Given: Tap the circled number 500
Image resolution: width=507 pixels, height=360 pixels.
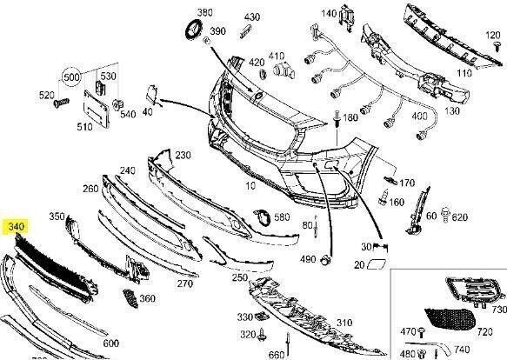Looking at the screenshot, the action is click(x=72, y=77).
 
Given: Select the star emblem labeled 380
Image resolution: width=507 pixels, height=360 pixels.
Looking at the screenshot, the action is click(x=194, y=30).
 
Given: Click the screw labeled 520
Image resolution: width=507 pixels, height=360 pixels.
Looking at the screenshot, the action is click(x=61, y=103).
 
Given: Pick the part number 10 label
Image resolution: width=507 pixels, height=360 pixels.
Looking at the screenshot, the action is click(x=250, y=185).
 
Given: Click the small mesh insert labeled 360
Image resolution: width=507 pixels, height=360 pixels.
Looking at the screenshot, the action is click(x=130, y=298).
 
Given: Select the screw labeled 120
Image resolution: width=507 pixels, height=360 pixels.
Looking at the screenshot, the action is click(x=497, y=46).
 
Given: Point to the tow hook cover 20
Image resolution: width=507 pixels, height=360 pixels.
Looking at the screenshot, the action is click(x=377, y=263).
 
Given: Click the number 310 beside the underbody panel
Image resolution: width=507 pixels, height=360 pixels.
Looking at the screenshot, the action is click(x=344, y=322).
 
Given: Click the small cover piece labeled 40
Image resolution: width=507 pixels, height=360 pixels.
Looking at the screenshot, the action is click(x=151, y=94).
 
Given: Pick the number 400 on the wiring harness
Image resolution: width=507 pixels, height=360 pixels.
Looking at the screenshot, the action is click(x=419, y=116).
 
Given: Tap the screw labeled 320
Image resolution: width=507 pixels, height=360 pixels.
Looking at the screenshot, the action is click(x=262, y=334).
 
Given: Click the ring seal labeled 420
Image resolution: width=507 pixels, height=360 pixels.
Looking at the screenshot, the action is click(x=263, y=73).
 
